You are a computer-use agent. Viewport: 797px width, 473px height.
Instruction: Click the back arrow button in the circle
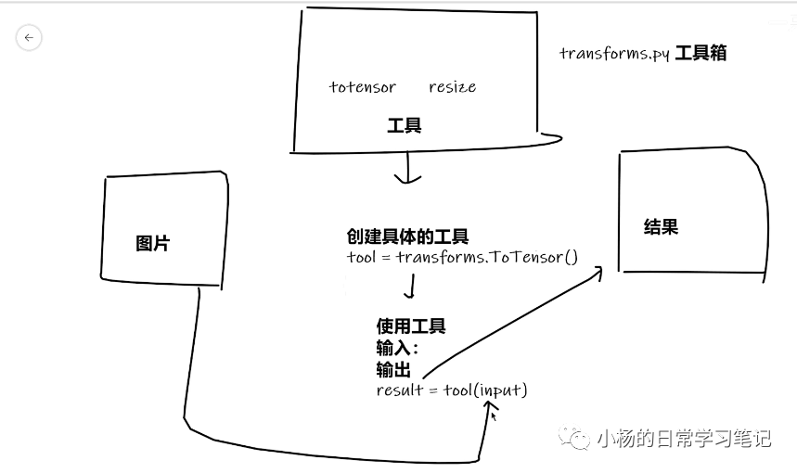click(29, 37)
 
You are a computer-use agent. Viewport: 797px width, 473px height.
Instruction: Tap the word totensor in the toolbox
click(362, 87)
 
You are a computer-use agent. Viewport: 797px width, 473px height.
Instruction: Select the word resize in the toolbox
click(452, 87)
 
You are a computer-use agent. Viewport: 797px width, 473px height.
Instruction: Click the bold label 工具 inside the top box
click(405, 125)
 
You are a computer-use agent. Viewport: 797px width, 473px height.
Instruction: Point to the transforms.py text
click(613, 53)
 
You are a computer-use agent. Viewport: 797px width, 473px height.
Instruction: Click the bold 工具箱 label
click(701, 53)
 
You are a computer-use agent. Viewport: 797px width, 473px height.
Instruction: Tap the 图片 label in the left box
click(153, 244)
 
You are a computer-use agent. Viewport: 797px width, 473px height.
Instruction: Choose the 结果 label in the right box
click(661, 226)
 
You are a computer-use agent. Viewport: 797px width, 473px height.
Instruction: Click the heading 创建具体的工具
click(407, 237)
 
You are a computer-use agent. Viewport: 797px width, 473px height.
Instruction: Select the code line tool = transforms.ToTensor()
click(462, 257)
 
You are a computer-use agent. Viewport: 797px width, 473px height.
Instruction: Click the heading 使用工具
click(410, 326)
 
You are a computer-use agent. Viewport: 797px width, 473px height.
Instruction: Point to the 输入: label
click(397, 349)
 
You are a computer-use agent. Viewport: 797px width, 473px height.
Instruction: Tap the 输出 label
click(393, 370)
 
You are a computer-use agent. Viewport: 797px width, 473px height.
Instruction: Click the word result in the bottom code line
click(399, 390)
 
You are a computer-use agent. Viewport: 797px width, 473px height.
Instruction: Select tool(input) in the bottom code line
click(485, 390)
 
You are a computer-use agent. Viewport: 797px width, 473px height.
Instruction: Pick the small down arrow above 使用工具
click(406, 289)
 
